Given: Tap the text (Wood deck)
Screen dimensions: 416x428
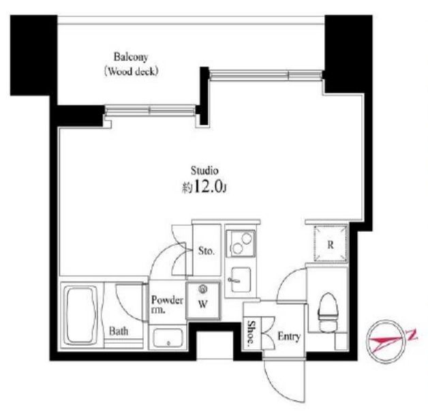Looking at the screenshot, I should pyautogui.click(x=131, y=70).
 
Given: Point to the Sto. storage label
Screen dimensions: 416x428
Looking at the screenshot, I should pyautogui.click(x=207, y=251).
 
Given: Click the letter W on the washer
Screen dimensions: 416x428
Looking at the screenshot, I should pyautogui.click(x=202, y=305).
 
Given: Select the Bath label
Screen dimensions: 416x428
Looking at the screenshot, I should pyautogui.click(x=119, y=332).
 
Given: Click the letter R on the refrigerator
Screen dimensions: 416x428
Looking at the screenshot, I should pyautogui.click(x=330, y=245).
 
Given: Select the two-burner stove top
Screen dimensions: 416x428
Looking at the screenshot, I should pyautogui.click(x=240, y=242).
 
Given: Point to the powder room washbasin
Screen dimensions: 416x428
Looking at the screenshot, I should pyautogui.click(x=167, y=337).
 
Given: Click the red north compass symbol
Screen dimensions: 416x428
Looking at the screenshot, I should pyautogui.click(x=389, y=338).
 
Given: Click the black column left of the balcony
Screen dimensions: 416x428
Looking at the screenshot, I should pyautogui.click(x=32, y=61).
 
